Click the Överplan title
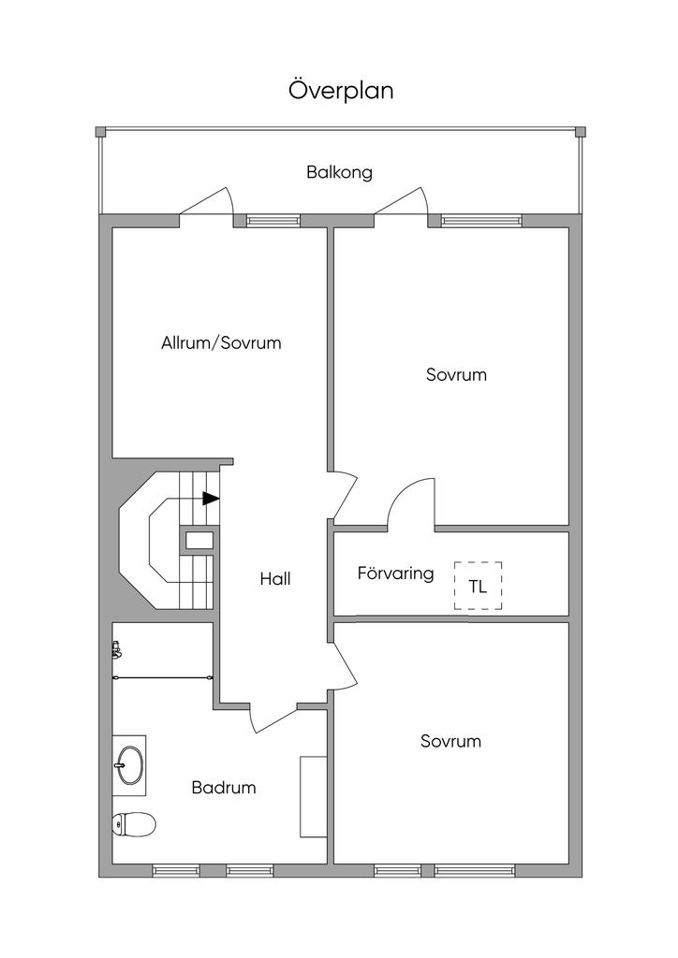coord(341,91)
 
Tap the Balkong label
coord(339,172)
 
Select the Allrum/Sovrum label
coord(221,342)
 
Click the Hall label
coord(275,578)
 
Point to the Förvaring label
coord(395,573)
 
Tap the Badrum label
coord(224,788)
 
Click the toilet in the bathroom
coord(134,823)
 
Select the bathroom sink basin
coord(130,765)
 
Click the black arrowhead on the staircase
coord(211,499)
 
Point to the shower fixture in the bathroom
coord(117,650)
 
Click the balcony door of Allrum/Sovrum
coord(206,200)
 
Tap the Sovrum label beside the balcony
coord(457,374)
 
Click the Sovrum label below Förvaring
coord(450,741)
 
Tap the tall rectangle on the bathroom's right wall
coord(313,797)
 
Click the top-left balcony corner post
coord(101,131)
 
